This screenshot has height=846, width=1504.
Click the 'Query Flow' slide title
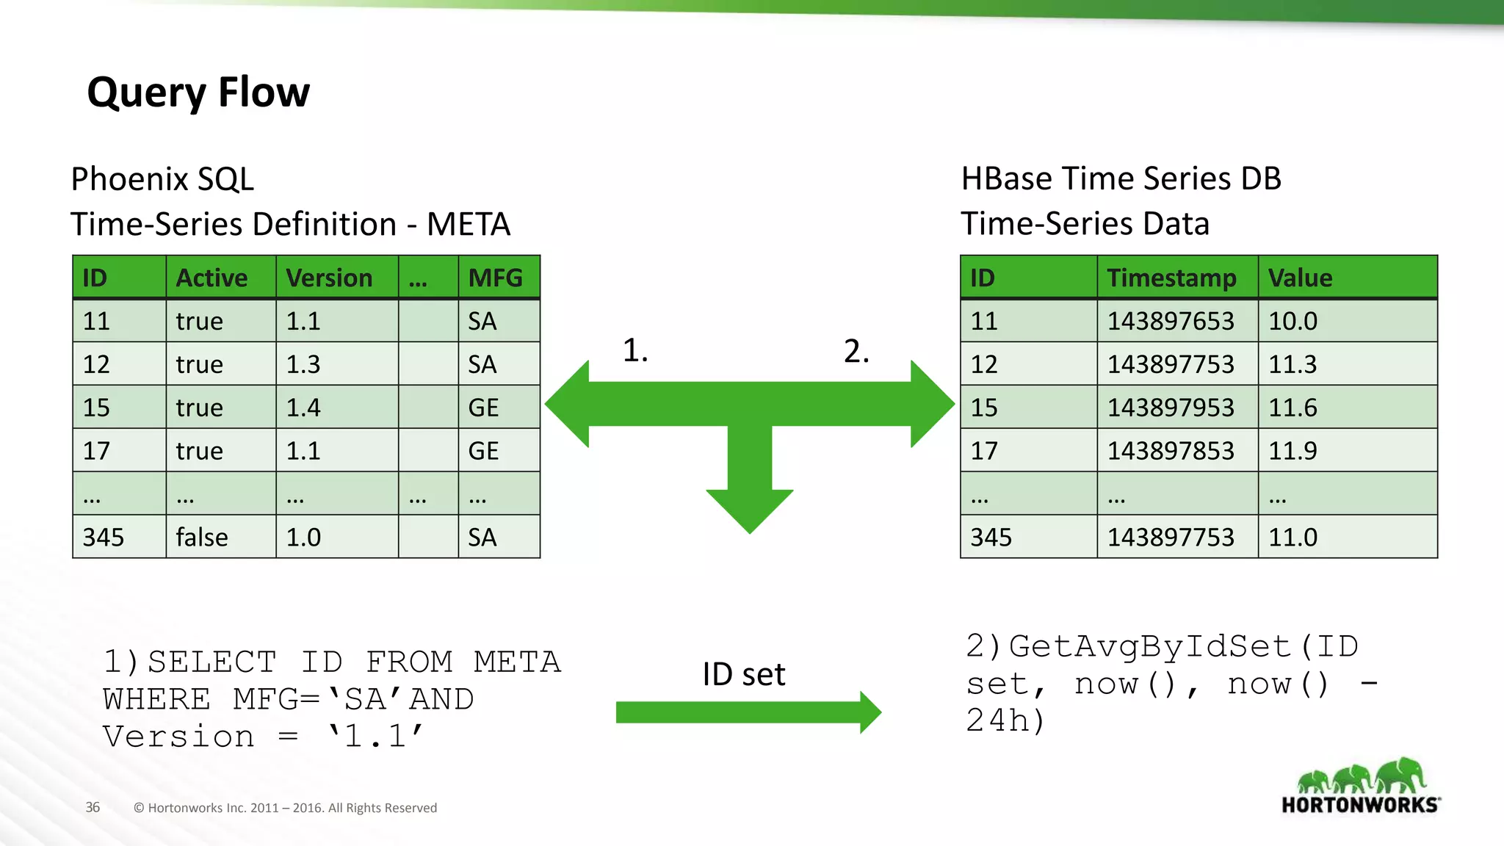[x=198, y=93]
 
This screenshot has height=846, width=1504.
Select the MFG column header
[x=496, y=278]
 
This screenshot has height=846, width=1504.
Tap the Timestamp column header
[x=1171, y=278]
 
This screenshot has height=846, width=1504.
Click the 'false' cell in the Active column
[x=202, y=537]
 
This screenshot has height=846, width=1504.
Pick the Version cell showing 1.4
[x=303, y=408]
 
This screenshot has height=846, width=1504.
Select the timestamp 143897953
[x=1171, y=408]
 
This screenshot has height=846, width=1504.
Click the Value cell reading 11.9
[x=1292, y=451]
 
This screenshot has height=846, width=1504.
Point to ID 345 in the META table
[x=104, y=537]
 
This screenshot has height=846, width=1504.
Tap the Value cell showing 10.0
[x=1292, y=321]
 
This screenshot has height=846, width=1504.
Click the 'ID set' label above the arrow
[x=743, y=674]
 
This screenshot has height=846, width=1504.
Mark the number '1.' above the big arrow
[x=635, y=350]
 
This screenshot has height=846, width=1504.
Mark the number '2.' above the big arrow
[x=856, y=351]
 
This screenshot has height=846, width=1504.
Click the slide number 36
[x=93, y=807]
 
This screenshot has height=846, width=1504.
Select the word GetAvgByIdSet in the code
[x=1149, y=646]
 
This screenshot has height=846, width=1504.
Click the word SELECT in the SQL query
[x=211, y=662]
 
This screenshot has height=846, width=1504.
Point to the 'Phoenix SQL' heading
[x=162, y=179]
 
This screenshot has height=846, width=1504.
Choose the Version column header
[x=329, y=278]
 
